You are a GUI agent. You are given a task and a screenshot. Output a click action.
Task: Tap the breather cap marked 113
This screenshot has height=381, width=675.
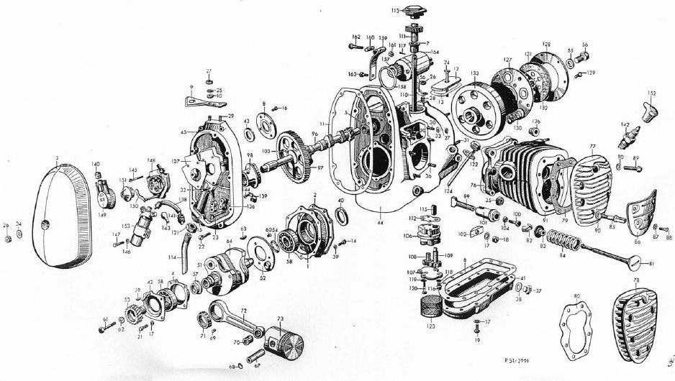pos(415,12)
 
